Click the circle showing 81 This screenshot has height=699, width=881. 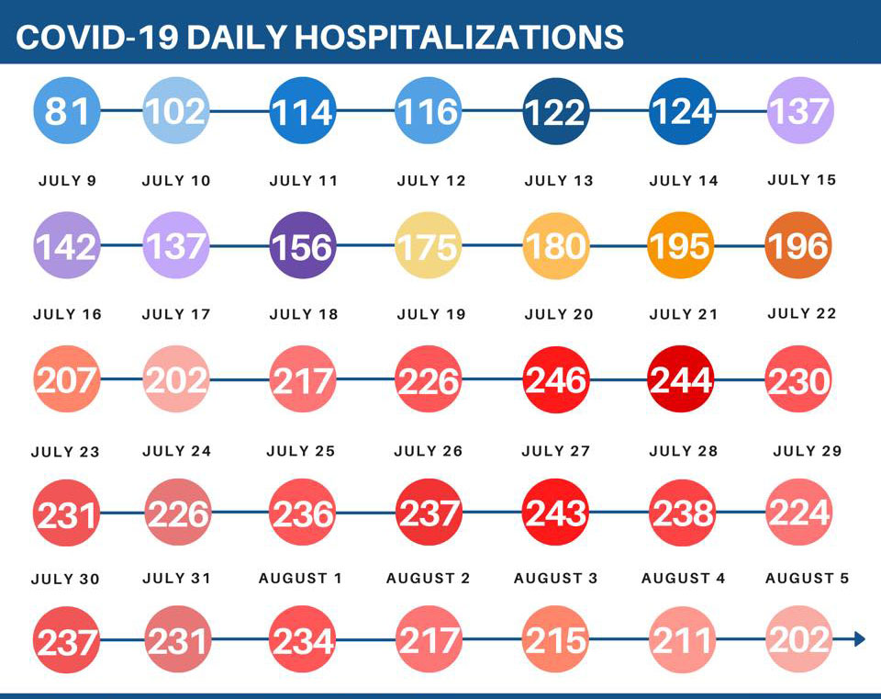click(x=67, y=111)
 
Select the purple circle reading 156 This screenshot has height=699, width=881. click(x=302, y=245)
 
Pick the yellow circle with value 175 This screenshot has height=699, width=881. click(x=429, y=245)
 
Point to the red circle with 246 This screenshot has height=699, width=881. click(x=556, y=378)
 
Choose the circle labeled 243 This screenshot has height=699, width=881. click(x=556, y=512)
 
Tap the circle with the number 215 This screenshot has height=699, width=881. click(x=556, y=639)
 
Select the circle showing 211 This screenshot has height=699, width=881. click(x=682, y=639)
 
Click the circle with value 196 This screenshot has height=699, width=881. click(x=798, y=245)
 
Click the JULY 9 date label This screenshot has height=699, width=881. click(x=67, y=181)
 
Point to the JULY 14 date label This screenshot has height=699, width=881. click(x=684, y=181)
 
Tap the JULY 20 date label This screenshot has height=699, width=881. click(x=559, y=314)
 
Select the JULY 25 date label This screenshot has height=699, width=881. click(x=301, y=451)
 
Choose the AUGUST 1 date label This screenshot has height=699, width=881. click(x=300, y=579)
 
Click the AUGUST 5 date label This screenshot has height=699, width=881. click(x=807, y=579)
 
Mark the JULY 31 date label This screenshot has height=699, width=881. click(x=177, y=579)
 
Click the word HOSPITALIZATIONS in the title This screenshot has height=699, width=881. click(x=460, y=37)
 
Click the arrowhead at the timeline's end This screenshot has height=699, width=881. click(x=859, y=639)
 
